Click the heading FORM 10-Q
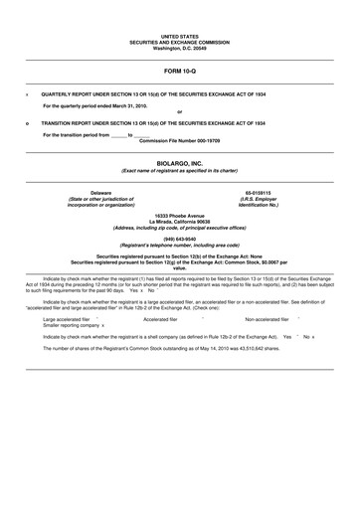click(179, 73)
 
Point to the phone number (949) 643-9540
click(179, 239)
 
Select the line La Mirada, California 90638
click(179, 221)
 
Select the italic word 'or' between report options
click(179, 111)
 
